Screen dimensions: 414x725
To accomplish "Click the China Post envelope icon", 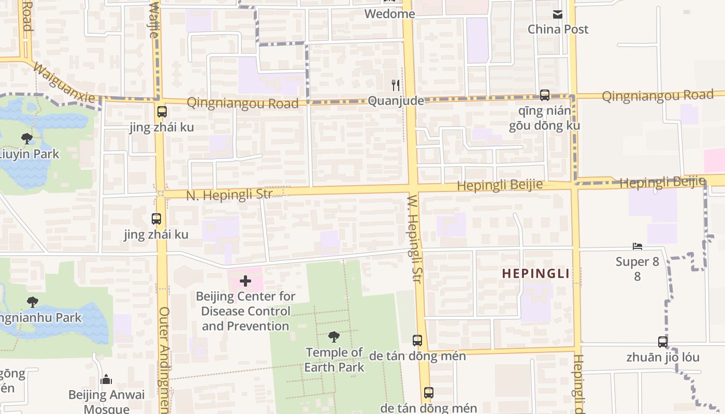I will pos(558,14).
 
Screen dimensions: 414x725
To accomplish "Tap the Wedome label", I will pos(389,14).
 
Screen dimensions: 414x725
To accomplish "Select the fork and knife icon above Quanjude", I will pos(396,84).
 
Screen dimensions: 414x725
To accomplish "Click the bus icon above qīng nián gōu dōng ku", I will pos(544,95).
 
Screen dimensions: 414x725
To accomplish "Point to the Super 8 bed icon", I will pos(637,247).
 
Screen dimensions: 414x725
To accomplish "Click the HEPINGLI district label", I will pos(535,274).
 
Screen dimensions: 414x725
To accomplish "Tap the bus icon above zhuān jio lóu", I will pos(662,342).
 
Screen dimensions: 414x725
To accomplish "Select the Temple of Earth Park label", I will pos(334,360).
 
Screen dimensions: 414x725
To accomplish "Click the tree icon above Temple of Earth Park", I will pos(334,337).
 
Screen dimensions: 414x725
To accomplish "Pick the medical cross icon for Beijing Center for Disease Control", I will pos(245,281).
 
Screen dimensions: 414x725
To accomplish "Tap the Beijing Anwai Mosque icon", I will pos(106,380).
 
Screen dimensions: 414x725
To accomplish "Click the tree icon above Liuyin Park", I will pos(26,138).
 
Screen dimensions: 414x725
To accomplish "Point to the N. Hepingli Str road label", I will pos(229,195).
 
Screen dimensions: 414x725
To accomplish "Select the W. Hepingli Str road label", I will pos(414,235).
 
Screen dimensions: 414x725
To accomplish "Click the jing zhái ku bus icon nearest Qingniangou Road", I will pos(162,111).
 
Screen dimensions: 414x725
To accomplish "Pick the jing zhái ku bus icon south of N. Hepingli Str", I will pos(156,219).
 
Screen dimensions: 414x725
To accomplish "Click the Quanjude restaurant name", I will pos(396,101).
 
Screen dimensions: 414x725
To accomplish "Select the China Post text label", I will pos(558,29).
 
